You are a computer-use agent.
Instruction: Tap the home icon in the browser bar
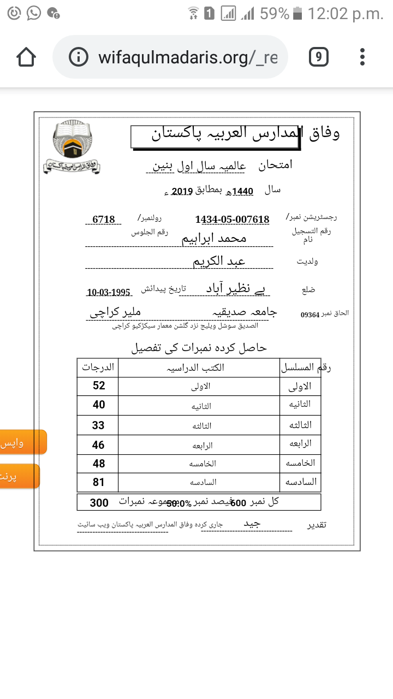pos(26,57)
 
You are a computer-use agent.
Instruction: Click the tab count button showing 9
pos(318,57)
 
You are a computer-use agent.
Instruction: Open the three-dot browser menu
pos(362,57)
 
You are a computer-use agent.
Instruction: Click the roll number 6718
pos(104,220)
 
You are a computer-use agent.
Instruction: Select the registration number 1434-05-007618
pos(232,220)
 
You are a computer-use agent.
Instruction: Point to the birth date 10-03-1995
pos(108,292)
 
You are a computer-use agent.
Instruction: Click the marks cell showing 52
pos(99,386)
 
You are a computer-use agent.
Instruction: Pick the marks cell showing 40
pos(99,405)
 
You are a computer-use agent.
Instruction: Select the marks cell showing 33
pos(99,425)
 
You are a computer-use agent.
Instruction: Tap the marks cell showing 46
pos(99,445)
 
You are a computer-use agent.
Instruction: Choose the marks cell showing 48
pos(99,464)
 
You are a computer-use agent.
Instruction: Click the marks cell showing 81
pos(99,483)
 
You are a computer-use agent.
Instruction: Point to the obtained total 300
pos(99,502)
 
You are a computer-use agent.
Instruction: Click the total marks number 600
pos(239,503)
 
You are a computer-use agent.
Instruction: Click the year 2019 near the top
pos(179,191)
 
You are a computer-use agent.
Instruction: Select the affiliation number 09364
pos(311,315)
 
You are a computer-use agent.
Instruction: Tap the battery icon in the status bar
pos(297,14)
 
